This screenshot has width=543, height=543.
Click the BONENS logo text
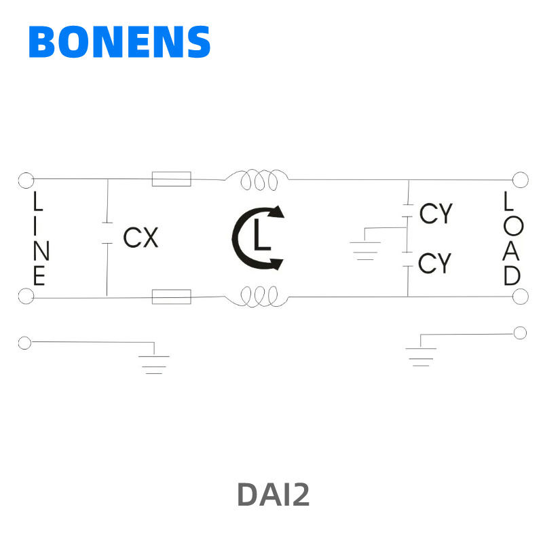(119, 42)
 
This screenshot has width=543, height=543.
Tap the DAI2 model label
(273, 495)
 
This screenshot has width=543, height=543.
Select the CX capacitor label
(141, 238)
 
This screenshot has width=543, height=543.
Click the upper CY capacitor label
(435, 214)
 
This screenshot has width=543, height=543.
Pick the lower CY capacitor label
(434, 263)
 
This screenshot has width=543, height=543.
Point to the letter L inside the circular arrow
(261, 237)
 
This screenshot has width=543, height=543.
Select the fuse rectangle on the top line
(171, 179)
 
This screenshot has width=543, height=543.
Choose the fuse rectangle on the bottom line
(171, 297)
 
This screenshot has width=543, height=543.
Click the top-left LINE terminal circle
(26, 180)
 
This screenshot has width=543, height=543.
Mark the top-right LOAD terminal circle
(521, 180)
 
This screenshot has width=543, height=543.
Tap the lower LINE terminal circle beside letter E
(26, 297)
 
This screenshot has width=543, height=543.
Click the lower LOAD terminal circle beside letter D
(521, 297)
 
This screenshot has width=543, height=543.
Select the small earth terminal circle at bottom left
(25, 343)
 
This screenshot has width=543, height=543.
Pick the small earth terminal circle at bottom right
(521, 333)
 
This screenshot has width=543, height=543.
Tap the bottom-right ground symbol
(421, 356)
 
